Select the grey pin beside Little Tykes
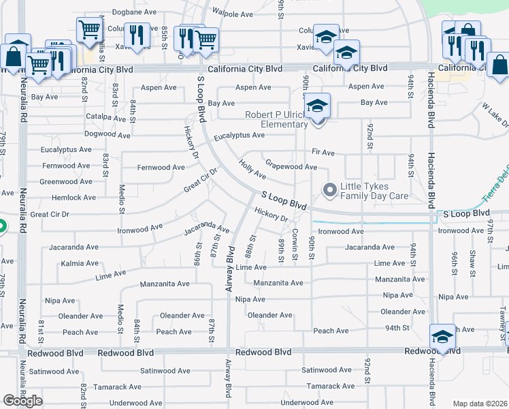(331, 190)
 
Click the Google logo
(22, 401)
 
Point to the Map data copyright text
(480, 404)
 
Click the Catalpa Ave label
(76, 117)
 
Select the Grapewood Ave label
(291, 166)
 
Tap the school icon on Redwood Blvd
(442, 336)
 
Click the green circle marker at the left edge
(1, 227)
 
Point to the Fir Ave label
(323, 153)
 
